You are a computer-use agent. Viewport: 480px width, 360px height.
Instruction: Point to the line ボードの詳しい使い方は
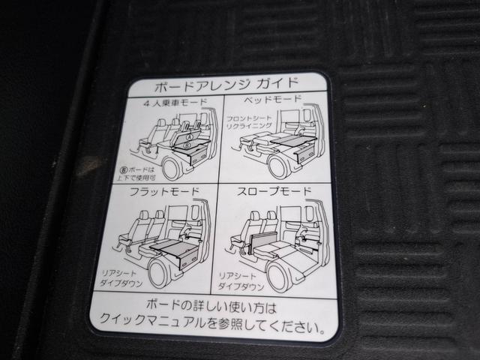[x=211, y=308]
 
